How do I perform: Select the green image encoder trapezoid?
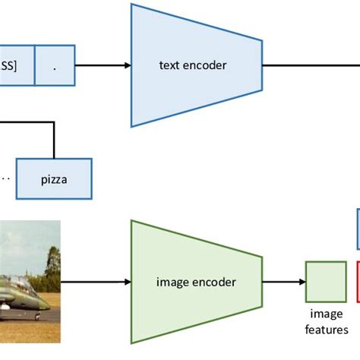pyautogui.click(x=197, y=282)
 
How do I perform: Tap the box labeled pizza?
pyautogui.click(x=54, y=178)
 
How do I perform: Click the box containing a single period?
pyautogui.click(x=54, y=65)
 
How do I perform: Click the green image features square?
pyautogui.click(x=325, y=282)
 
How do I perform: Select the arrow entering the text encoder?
pyautogui.click(x=103, y=65)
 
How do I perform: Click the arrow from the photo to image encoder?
pyautogui.click(x=96, y=282)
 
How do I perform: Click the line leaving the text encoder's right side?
pyautogui.click(x=311, y=65)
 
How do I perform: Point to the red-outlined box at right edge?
pyautogui.click(x=358, y=281)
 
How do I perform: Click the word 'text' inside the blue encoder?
pyautogui.click(x=169, y=65)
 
